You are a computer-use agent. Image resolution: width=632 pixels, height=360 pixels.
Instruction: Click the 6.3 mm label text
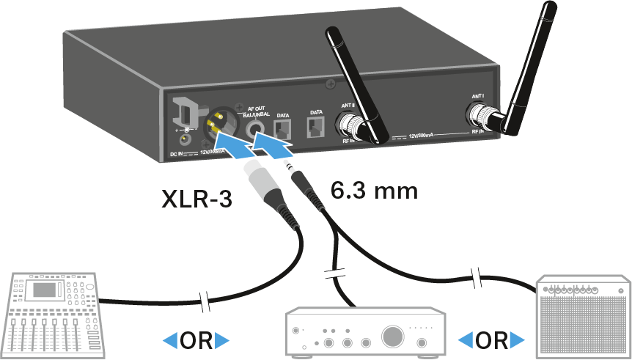374,192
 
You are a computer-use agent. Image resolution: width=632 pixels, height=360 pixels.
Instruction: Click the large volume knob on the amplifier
392,336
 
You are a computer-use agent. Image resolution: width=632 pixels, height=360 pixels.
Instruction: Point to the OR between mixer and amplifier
195,341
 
